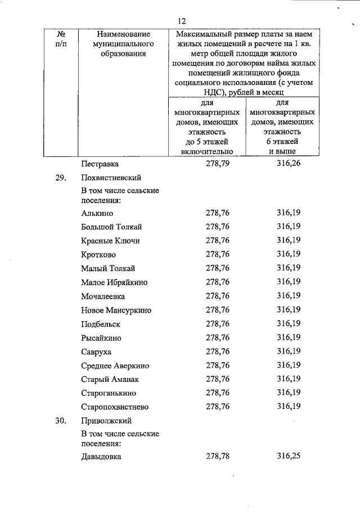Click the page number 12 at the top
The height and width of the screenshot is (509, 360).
181,21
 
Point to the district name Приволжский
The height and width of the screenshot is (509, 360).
107,420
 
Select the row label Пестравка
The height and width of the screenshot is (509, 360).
100,164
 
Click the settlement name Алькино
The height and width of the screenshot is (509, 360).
97,213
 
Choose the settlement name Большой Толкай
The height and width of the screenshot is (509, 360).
111,227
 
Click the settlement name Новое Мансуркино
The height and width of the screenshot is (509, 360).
116,310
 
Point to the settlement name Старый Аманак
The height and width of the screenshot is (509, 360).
109,379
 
